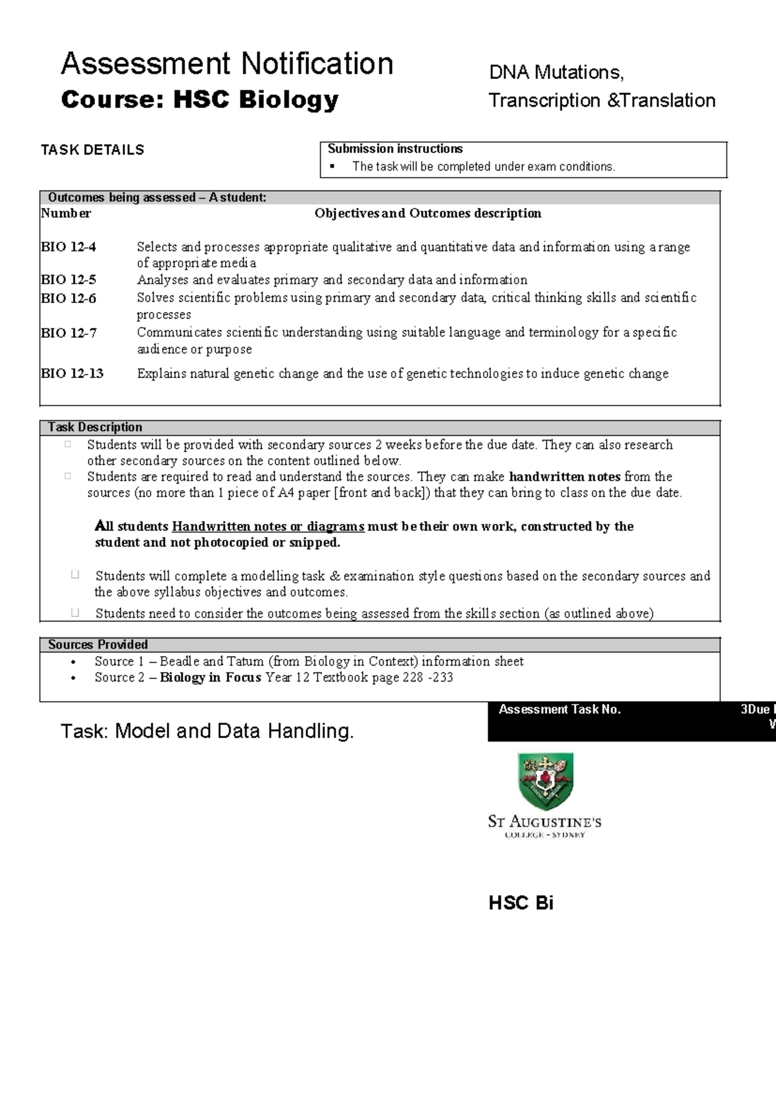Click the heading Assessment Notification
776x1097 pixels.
pos(227,64)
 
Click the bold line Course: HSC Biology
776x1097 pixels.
pos(199,99)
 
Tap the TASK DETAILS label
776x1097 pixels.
pos(92,150)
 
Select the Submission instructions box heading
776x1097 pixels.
pos(395,149)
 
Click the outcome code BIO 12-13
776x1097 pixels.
pos(72,373)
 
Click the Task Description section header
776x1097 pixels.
pos(95,427)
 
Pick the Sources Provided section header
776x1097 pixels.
pos(98,644)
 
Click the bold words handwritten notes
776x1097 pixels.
pos(565,477)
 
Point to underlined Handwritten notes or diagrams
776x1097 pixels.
pos(268,527)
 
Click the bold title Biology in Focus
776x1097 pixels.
pos(210,678)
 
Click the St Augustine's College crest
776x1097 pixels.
pos(546,780)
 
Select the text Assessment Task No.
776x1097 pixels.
pos(560,709)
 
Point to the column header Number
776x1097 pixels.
pos(66,213)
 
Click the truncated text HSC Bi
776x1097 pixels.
pos(521,903)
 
